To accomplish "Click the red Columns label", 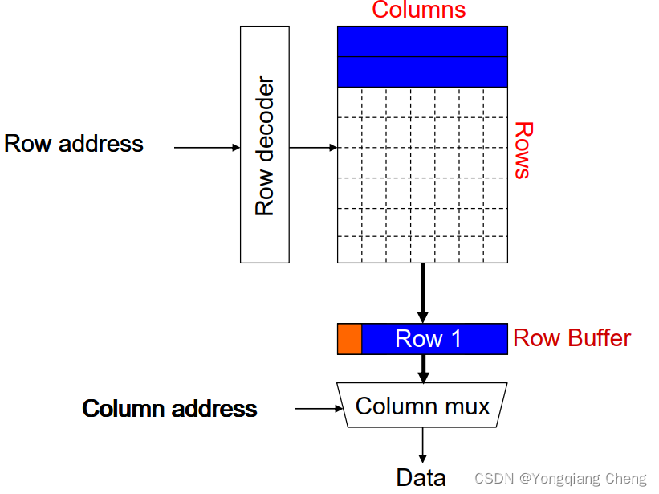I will (x=418, y=10).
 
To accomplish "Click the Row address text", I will (x=74, y=144).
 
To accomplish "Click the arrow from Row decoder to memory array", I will (x=312, y=148).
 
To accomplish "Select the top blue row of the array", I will (x=422, y=41).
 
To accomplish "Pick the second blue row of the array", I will (x=422, y=71).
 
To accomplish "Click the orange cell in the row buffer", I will (x=349, y=339).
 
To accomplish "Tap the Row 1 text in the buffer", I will (x=428, y=339).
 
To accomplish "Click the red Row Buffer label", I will (x=572, y=338).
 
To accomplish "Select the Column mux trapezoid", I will (x=422, y=406).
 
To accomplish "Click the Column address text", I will (x=169, y=409).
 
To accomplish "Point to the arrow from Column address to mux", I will (x=318, y=409).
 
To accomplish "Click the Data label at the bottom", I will (x=421, y=478).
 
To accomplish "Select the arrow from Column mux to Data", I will (x=422, y=445).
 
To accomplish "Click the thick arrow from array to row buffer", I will (x=423, y=292).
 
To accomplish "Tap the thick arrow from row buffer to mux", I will (x=424, y=368).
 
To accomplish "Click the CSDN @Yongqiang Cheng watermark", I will (x=559, y=479).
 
